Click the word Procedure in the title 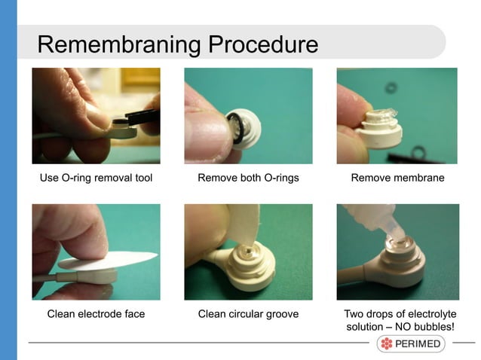(x=262, y=44)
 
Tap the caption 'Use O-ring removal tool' (x=96, y=178)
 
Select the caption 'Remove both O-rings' (x=248, y=178)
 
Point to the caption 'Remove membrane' (x=397, y=178)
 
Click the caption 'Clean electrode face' (x=96, y=313)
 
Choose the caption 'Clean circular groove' (x=248, y=313)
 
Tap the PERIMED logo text (x=418, y=344)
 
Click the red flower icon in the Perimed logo (x=387, y=344)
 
